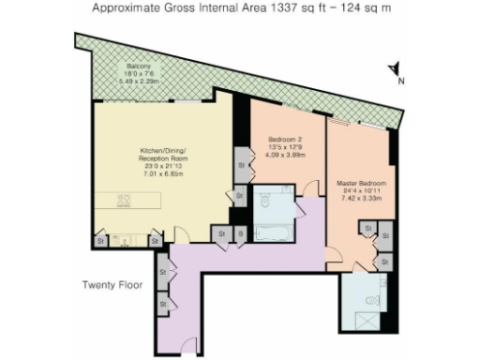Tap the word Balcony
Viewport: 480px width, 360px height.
[x=141, y=67]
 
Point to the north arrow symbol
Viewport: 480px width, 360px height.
[x=396, y=69]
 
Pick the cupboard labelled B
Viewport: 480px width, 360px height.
[x=240, y=233]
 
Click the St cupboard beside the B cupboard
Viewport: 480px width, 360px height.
[x=222, y=233]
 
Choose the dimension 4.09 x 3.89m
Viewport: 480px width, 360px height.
[x=283, y=154]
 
